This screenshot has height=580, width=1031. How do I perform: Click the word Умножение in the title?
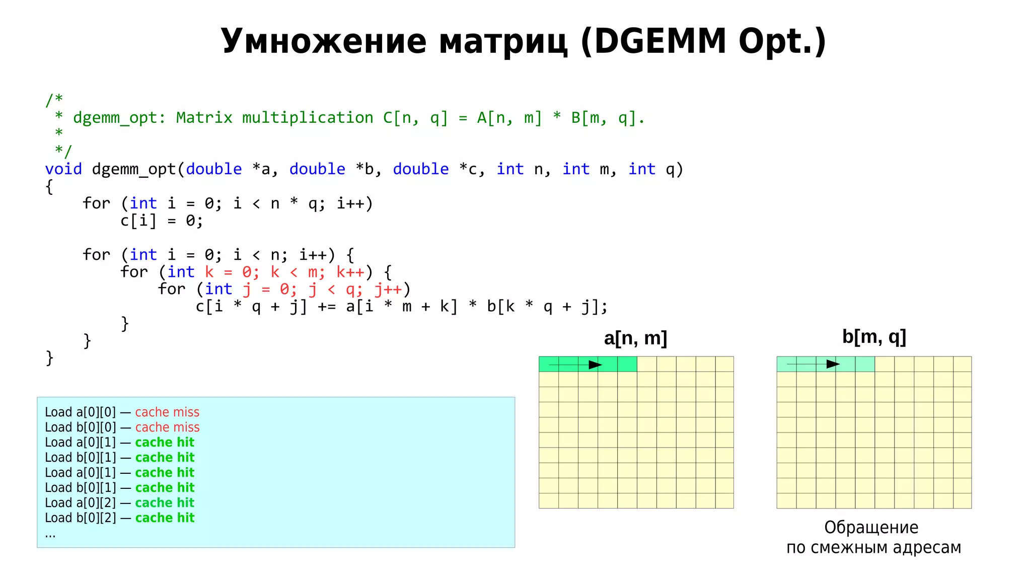coord(323,41)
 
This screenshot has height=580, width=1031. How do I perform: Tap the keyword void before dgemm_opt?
coord(63,169)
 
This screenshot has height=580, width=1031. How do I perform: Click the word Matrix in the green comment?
coord(204,118)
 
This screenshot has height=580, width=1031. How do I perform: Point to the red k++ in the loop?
coord(350,272)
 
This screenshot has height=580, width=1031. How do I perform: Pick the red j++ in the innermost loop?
coord(388,289)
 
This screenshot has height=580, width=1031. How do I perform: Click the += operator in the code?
coord(326,307)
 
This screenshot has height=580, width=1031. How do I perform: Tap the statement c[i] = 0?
coord(161,221)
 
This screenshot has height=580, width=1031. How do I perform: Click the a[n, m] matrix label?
coord(635,338)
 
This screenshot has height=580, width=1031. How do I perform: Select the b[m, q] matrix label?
coord(874,337)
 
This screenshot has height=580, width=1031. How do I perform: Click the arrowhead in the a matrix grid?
coord(596,365)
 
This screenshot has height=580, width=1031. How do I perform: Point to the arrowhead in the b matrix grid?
coord(833,364)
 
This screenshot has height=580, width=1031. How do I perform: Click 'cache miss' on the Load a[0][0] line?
coord(167,412)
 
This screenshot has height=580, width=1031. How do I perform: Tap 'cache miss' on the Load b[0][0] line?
coord(167,427)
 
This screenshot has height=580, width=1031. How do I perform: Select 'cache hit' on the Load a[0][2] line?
coord(165,503)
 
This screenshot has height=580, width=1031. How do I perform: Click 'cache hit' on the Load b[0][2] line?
coord(165,518)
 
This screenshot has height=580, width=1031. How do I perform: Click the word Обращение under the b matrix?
coord(871,528)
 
